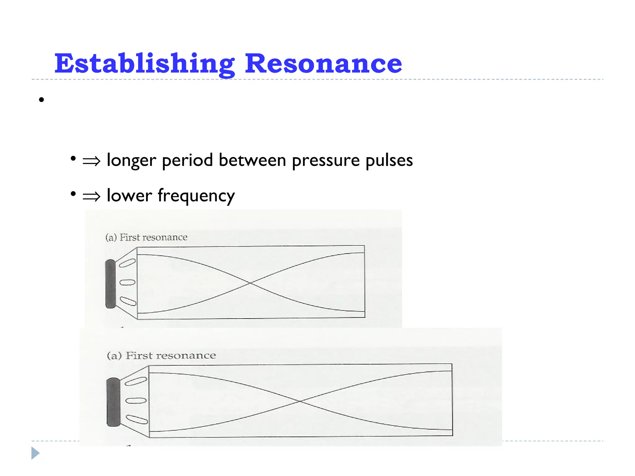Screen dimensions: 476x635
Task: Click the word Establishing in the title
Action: tap(144, 64)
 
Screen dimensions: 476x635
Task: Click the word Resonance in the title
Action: tap(323, 64)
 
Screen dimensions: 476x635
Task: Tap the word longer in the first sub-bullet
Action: tap(131, 161)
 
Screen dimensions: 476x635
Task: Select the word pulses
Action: tap(389, 161)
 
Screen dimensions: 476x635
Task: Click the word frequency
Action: tap(196, 196)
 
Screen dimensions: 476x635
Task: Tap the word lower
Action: tap(129, 196)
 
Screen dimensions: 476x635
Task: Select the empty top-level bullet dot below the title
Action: tap(42, 100)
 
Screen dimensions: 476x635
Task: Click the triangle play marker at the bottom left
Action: tap(35, 453)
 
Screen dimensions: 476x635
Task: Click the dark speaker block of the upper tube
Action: tap(110, 284)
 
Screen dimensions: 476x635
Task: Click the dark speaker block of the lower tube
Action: tap(113, 402)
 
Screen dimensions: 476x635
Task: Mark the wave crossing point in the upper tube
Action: tap(250, 283)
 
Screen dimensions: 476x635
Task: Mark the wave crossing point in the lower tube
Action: tap(300, 401)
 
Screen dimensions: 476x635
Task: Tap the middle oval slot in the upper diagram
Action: tap(127, 282)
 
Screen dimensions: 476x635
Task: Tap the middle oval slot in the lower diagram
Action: tap(136, 400)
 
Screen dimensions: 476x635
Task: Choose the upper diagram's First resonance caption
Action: tap(146, 237)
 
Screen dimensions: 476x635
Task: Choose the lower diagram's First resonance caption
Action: tap(161, 355)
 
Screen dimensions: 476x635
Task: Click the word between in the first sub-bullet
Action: tap(252, 161)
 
